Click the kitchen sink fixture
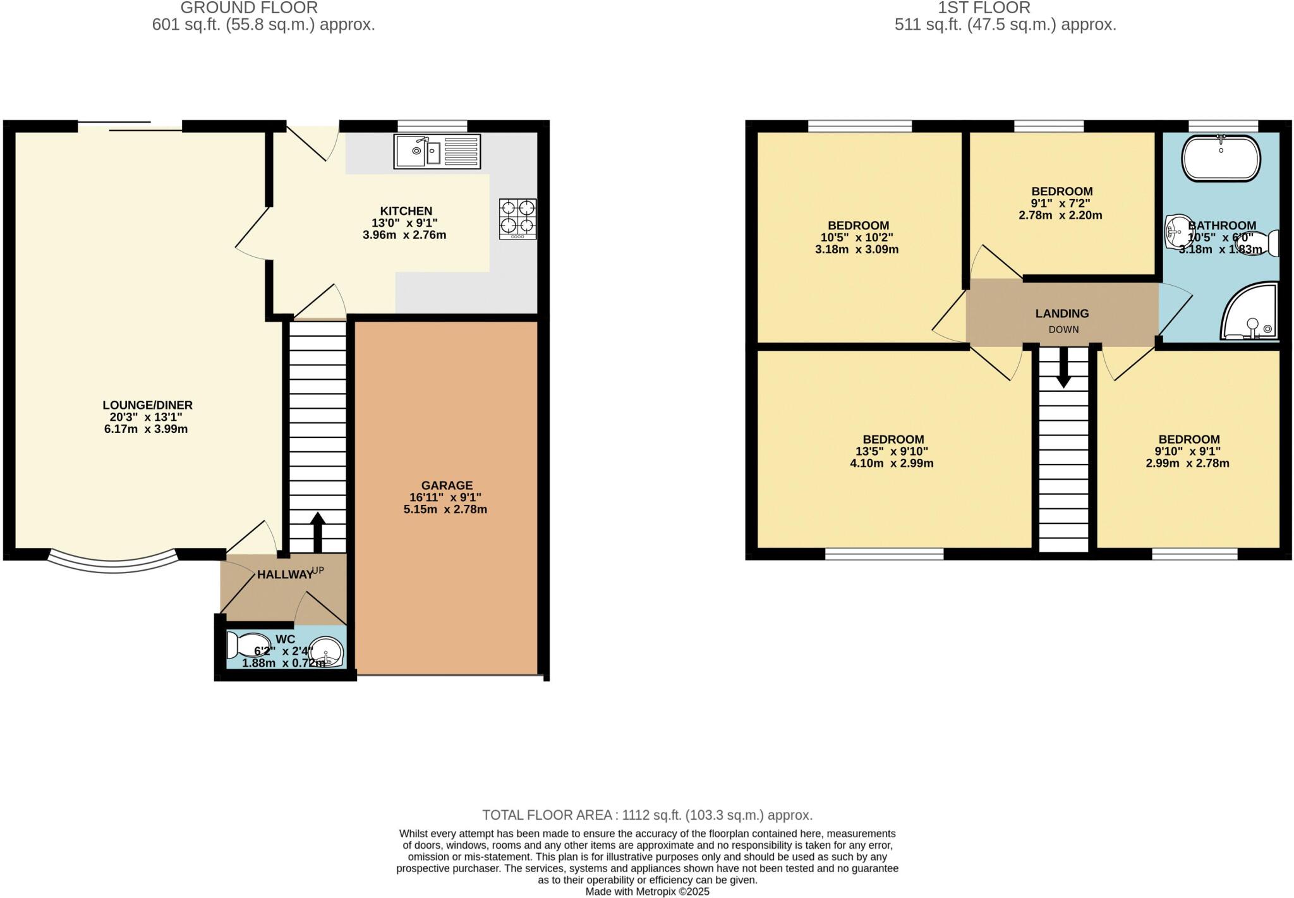(437, 152)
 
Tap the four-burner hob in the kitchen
(517, 219)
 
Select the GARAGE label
(447, 485)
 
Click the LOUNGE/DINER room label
(147, 405)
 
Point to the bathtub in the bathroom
(1221, 158)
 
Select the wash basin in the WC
(329, 650)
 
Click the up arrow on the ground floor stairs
(317, 531)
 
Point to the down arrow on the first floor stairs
(1063, 367)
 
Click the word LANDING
(1061, 313)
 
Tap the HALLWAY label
(285, 574)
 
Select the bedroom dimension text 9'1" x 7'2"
(1061, 203)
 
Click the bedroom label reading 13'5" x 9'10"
(892, 451)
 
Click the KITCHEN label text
(406, 211)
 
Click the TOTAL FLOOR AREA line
(647, 815)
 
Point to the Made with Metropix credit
(647, 892)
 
